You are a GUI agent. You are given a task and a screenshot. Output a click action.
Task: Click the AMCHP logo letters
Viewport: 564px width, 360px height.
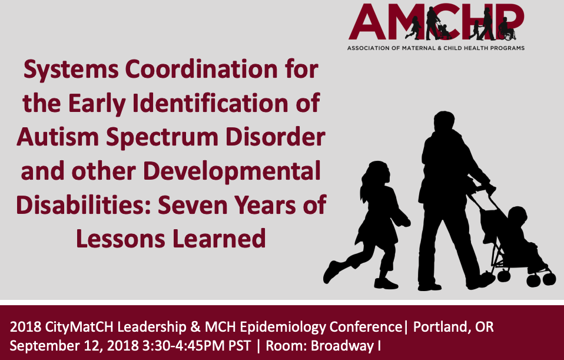coord(436,23)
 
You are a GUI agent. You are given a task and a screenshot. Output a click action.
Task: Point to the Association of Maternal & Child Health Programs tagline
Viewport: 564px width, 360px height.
coord(436,48)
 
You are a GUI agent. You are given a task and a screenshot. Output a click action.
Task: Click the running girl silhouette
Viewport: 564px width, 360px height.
coord(371,224)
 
